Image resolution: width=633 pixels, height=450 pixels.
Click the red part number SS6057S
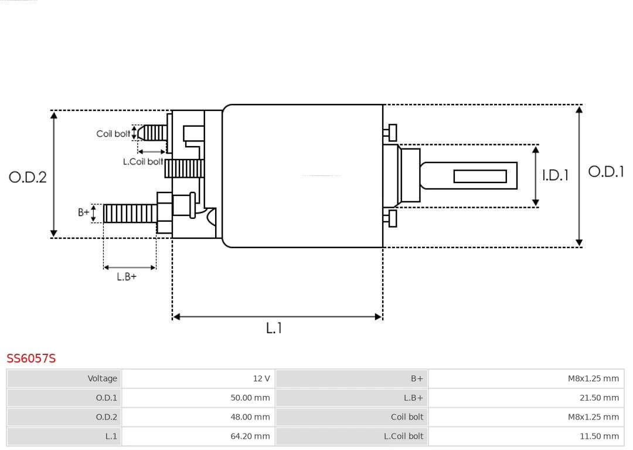[x=31, y=358]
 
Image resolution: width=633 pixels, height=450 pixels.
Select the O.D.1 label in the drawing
[x=606, y=171]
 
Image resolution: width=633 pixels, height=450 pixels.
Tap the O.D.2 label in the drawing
[x=28, y=177]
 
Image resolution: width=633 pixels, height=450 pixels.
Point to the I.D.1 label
[x=554, y=175]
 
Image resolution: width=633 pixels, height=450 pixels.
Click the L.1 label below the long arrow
[x=274, y=328]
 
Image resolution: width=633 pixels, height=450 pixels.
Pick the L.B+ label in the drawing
[x=126, y=276]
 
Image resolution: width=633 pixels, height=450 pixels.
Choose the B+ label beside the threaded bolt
[x=84, y=212]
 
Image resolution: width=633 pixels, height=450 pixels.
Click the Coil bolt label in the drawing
[x=113, y=134]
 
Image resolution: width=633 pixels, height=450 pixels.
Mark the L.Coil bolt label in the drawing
[x=143, y=161]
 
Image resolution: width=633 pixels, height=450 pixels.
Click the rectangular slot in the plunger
[x=480, y=176]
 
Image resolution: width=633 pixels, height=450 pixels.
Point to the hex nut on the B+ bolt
[x=165, y=213]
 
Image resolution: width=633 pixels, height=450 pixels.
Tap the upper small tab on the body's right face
[x=391, y=133]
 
